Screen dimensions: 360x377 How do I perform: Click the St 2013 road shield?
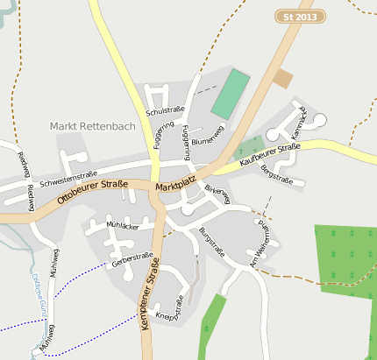[x=301, y=17]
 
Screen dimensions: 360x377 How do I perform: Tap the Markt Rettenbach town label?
[x=93, y=126]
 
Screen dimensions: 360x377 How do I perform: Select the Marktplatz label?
[x=174, y=187]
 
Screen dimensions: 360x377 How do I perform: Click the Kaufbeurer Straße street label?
[x=270, y=154]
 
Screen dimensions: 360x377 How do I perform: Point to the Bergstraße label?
[x=277, y=173]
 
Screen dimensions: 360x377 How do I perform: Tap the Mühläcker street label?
[x=123, y=226]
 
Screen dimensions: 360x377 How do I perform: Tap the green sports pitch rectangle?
[x=231, y=95]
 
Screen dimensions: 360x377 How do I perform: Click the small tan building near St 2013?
[x=282, y=79]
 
